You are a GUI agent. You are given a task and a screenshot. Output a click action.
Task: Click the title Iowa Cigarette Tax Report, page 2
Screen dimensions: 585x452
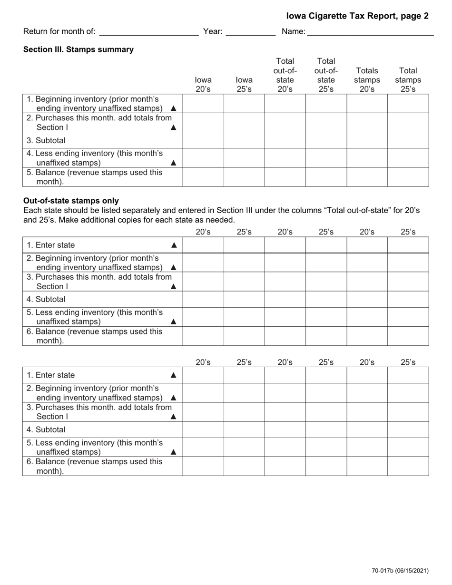357,16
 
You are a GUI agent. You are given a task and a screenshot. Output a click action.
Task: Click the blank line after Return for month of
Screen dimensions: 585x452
149,32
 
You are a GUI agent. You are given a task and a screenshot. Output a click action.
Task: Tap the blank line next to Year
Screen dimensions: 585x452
250,32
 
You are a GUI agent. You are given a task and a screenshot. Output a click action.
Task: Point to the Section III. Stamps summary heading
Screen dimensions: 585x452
79,49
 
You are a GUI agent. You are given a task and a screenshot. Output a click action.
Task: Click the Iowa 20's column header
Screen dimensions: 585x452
203,85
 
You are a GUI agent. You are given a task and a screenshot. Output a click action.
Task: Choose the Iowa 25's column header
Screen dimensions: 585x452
244,85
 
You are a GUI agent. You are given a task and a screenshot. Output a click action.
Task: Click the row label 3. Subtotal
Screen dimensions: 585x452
46,140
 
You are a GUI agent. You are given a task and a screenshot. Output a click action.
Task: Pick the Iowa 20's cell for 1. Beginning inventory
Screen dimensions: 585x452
203,104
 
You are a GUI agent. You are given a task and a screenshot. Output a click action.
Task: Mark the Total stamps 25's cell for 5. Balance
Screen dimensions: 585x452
408,177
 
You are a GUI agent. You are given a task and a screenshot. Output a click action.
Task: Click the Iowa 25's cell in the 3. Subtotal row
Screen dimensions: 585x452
244,140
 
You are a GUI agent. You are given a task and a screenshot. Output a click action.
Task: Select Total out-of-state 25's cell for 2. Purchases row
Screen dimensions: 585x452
326,122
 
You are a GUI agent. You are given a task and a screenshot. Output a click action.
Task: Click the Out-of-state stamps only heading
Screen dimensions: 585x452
71,201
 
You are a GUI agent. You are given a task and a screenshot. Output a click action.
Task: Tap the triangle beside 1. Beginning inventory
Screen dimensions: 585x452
173,108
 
